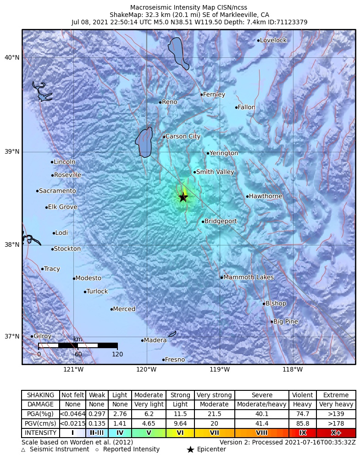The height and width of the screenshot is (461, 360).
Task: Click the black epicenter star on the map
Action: [x=183, y=197]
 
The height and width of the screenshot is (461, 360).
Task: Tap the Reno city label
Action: [x=169, y=102]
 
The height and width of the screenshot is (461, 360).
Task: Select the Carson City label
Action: [x=183, y=136]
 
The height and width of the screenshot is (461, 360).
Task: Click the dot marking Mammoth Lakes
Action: [x=222, y=277]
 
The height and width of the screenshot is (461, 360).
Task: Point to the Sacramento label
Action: [x=57, y=191]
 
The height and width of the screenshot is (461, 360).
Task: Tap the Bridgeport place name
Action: [x=221, y=221]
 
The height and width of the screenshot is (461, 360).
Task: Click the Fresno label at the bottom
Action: [x=175, y=360]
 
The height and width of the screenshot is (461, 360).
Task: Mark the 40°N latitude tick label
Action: [x=12, y=57]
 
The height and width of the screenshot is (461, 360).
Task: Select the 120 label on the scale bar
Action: [x=117, y=354]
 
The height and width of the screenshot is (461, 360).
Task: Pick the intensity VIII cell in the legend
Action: [x=262, y=433]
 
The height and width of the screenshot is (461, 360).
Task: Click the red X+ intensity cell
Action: [x=336, y=433]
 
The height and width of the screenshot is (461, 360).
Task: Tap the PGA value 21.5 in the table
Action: [x=214, y=414]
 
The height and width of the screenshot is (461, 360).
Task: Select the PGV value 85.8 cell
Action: [x=303, y=423]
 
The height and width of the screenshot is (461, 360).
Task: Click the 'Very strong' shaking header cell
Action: [x=214, y=395]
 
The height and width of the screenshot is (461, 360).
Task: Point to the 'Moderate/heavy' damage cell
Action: [x=262, y=405]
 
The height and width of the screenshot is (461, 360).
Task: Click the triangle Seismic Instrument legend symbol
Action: [x=24, y=450]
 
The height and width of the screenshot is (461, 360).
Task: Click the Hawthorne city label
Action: [x=266, y=196]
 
